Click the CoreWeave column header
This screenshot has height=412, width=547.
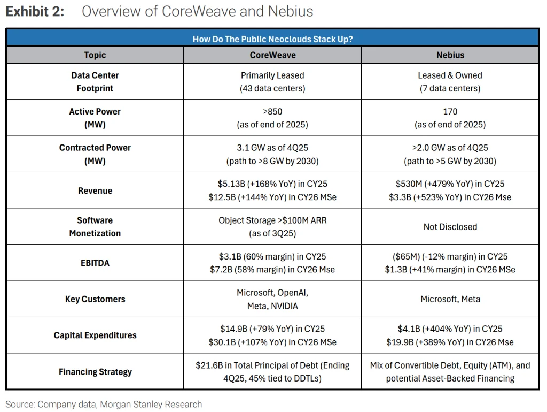[272, 55]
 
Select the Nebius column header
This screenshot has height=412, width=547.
[450, 55]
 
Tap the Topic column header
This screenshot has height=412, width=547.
[95, 55]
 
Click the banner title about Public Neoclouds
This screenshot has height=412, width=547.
[272, 39]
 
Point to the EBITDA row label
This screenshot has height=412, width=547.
[95, 263]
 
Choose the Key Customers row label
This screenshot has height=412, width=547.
[95, 299]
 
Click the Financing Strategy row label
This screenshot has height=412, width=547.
[95, 371]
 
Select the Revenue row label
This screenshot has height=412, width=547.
[95, 190]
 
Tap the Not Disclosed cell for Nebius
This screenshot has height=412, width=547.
[450, 227]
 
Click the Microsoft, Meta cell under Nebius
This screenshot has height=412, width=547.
[450, 299]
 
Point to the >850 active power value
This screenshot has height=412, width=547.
[272, 111]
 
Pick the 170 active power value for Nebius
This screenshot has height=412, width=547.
[450, 111]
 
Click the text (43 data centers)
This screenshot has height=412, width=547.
[272, 88]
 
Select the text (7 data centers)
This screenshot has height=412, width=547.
[450, 88]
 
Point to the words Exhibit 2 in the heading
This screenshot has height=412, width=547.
[35, 12]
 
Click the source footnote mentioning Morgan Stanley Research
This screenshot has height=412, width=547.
[104, 405]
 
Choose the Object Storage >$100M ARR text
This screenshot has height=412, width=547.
[272, 220]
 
